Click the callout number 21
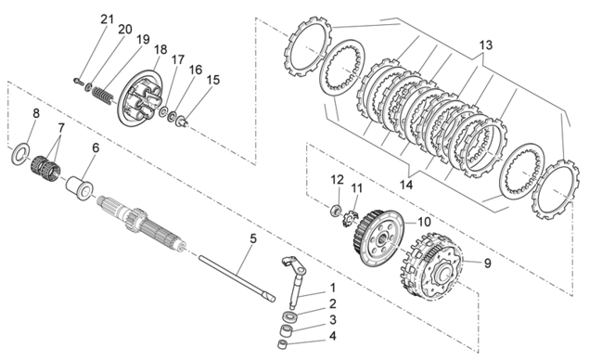coord(107,19)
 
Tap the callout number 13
coord(485,45)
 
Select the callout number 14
coord(406,185)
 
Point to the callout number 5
coord(253,239)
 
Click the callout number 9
coord(487,264)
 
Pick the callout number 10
coord(424,222)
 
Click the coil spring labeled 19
coord(103,96)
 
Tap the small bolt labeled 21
coord(78,81)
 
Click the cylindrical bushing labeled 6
coord(81,186)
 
